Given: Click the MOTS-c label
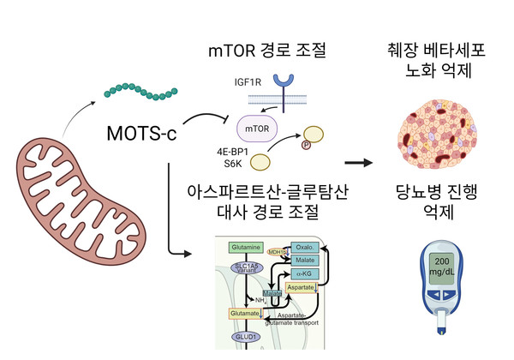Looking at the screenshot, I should click(140, 135).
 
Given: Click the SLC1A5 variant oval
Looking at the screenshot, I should click(244, 268).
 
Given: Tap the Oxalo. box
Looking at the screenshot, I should click(305, 247).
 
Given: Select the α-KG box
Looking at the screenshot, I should click(305, 273).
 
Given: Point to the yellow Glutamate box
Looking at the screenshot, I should click(246, 315).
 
